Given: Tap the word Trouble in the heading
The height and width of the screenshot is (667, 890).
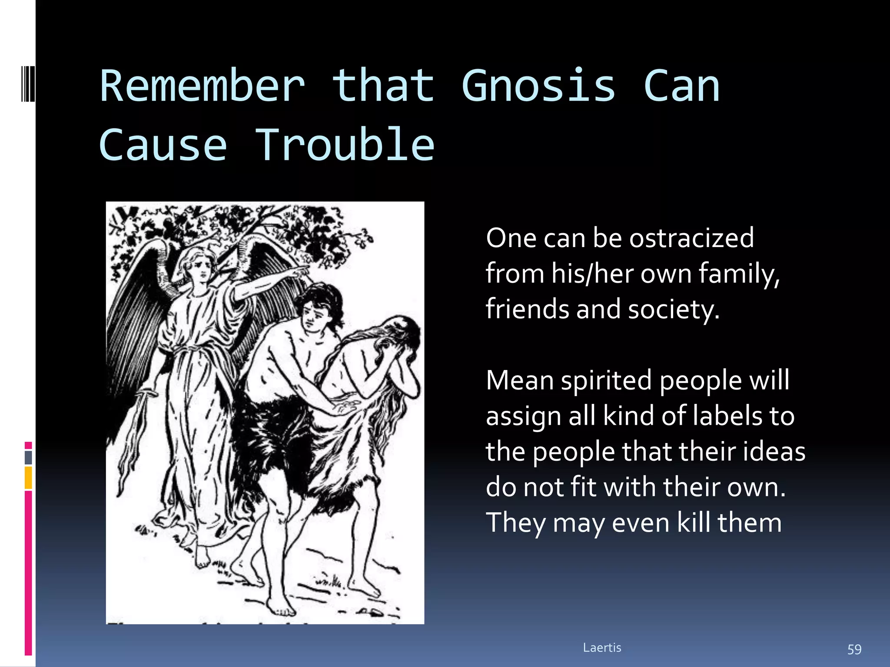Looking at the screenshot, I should click(x=345, y=145).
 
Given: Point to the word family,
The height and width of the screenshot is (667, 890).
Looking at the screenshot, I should click(x=739, y=274).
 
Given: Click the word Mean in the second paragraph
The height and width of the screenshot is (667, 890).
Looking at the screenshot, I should click(x=519, y=380).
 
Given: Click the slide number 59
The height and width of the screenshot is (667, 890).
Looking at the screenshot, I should click(x=854, y=649).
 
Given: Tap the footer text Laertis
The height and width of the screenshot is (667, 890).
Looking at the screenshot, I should click(x=602, y=648).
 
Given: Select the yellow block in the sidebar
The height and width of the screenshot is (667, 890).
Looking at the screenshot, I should click(x=28, y=478).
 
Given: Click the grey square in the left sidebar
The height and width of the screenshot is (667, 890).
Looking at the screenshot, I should click(x=28, y=457).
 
